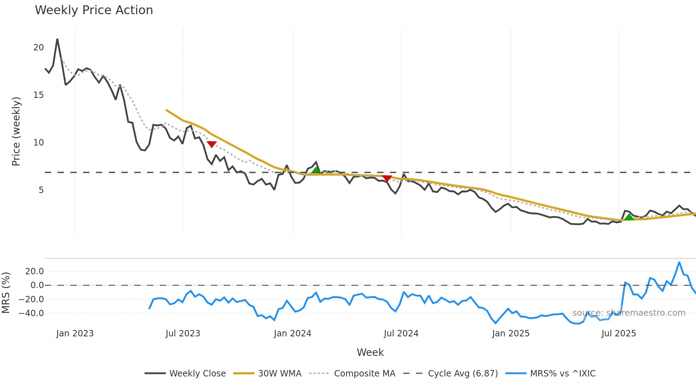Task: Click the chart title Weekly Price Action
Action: click(x=94, y=10)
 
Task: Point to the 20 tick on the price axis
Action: click(x=38, y=48)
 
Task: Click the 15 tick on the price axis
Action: click(x=38, y=95)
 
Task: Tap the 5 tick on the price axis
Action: click(x=41, y=190)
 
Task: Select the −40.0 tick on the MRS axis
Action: click(x=31, y=313)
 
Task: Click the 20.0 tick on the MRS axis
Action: click(x=34, y=271)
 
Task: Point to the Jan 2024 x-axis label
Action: click(x=293, y=334)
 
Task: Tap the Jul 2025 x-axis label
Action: click(x=619, y=334)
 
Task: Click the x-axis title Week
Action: click(x=370, y=352)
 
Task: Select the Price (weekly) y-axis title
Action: click(x=16, y=131)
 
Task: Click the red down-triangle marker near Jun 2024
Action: click(x=387, y=178)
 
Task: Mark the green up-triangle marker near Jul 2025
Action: click(x=629, y=217)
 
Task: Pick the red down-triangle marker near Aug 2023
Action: click(x=212, y=144)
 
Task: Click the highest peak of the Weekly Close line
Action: click(x=57, y=39)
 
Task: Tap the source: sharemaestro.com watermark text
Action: click(x=629, y=313)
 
